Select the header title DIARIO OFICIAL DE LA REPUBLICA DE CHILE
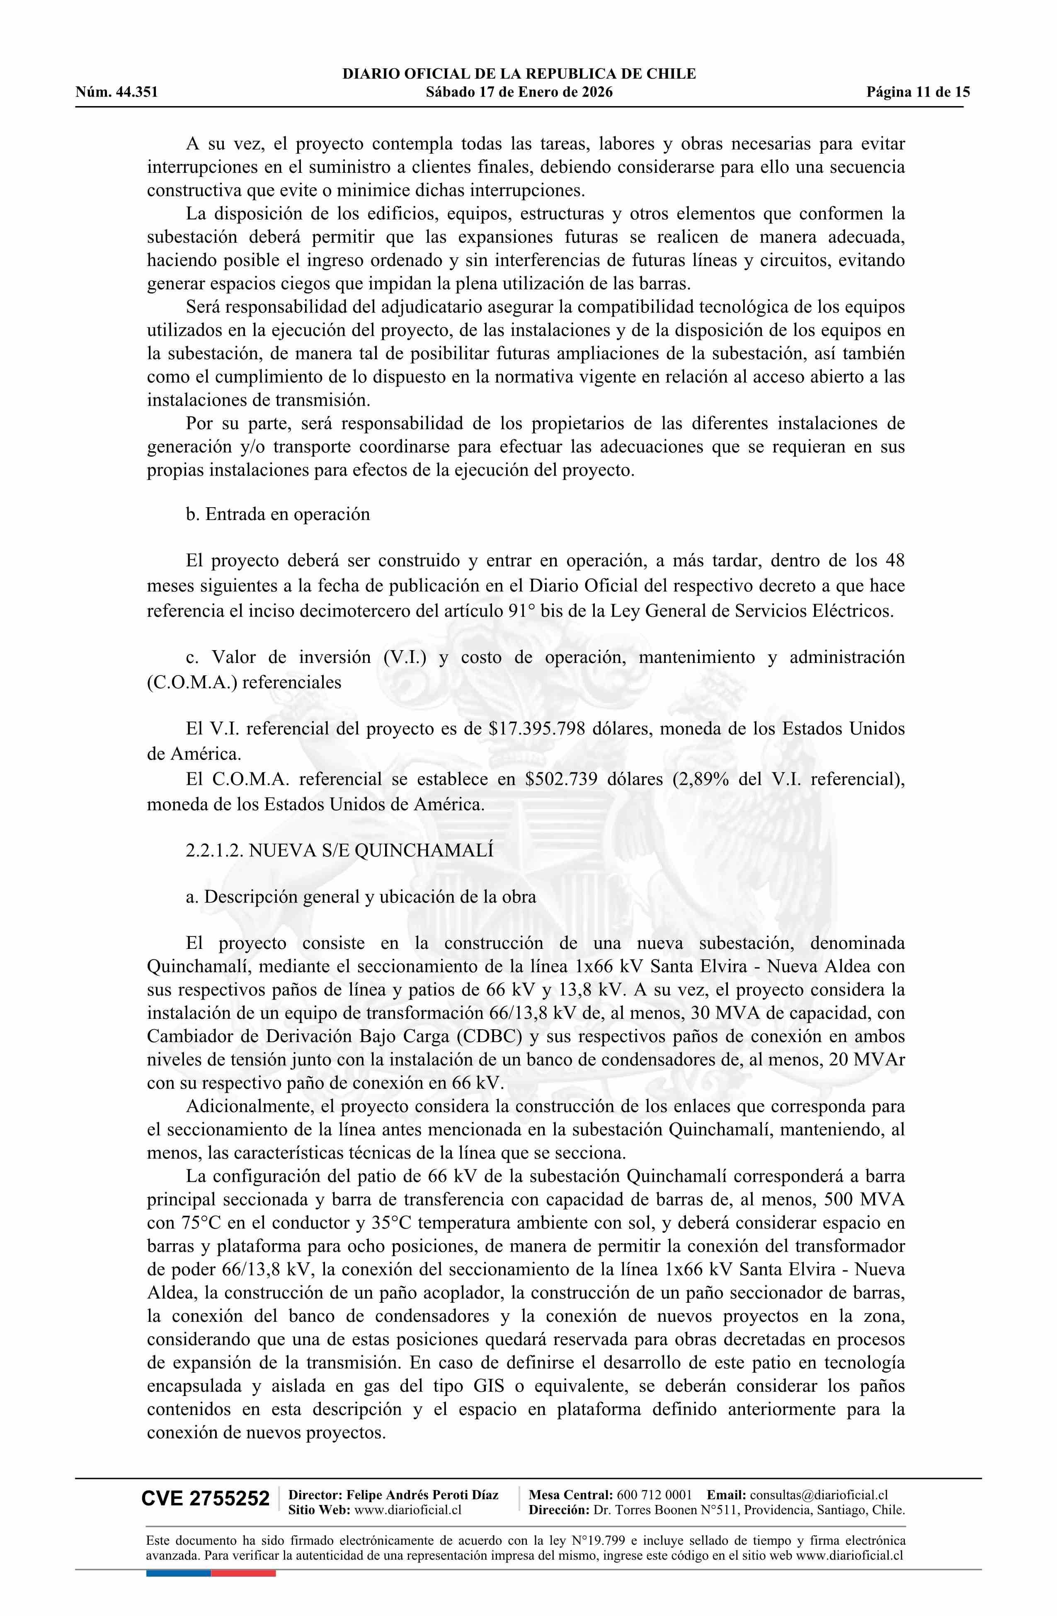click(x=519, y=74)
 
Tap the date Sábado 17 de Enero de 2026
click(x=519, y=92)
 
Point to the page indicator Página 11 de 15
click(x=918, y=92)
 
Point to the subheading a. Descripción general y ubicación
click(x=361, y=897)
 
